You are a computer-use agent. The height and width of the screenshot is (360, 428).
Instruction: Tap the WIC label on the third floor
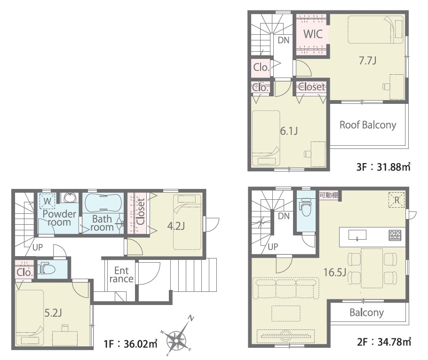[313, 34]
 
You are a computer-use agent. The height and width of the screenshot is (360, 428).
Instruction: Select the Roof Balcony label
[368, 125]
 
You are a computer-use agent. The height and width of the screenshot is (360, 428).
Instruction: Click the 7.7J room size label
[367, 60]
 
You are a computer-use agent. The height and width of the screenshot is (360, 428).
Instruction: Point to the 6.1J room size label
[289, 131]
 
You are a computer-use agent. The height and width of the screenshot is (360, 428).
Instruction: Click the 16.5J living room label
[335, 272]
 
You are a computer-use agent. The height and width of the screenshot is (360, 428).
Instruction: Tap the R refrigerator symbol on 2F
[396, 200]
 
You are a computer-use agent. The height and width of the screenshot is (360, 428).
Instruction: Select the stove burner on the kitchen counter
[395, 235]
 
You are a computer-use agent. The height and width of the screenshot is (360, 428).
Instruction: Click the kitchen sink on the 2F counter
[357, 235]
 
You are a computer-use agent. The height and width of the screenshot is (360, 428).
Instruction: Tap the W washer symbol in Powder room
[47, 201]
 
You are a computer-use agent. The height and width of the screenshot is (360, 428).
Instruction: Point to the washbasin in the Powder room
[69, 198]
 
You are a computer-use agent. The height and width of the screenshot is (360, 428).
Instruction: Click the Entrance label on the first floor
[121, 274]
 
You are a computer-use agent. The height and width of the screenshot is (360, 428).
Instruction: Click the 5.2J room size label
[53, 313]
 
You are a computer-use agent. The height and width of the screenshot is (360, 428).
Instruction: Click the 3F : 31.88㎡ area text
[383, 166]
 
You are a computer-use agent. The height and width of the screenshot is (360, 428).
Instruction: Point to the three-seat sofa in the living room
[286, 288]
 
